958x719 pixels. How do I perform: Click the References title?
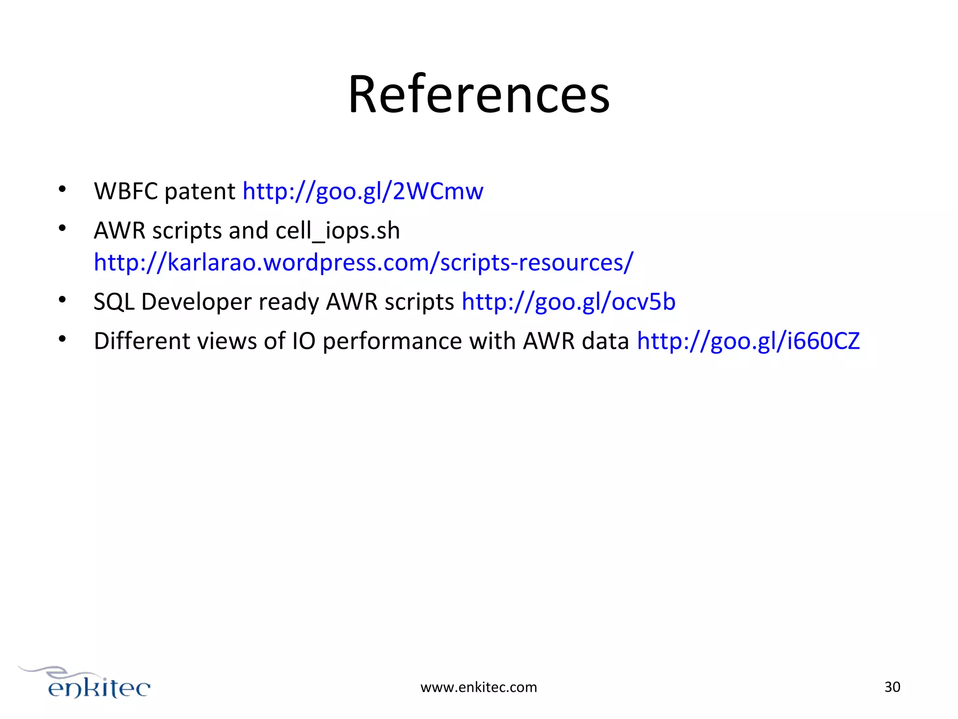[x=479, y=95]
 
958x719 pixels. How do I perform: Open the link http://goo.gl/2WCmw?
[x=363, y=191]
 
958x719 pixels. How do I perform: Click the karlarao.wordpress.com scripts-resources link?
[x=363, y=262]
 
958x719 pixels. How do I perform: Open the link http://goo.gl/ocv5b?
[x=568, y=301]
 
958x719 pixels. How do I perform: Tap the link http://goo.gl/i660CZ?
[x=748, y=341]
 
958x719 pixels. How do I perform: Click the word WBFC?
[x=125, y=191]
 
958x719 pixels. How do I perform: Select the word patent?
[x=200, y=191]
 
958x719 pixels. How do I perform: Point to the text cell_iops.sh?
[x=338, y=231]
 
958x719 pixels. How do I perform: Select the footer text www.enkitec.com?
[x=479, y=687]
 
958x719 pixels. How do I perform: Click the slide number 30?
[x=892, y=687]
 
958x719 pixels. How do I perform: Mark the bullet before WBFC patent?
[x=62, y=189]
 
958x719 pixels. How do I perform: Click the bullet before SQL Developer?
[x=62, y=300]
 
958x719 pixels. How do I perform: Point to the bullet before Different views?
[x=62, y=339]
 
